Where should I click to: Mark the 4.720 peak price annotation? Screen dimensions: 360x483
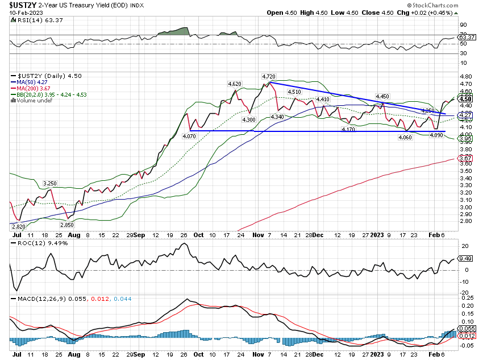click(269, 76)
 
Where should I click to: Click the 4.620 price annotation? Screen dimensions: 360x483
click(235, 84)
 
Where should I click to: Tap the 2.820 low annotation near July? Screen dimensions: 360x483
click(19, 226)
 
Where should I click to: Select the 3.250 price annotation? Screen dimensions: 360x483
click(51, 184)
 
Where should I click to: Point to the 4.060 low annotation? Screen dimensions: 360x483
click(405, 136)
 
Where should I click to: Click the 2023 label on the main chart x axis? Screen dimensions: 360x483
click(377, 234)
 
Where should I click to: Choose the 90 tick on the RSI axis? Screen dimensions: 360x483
click(463, 25)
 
